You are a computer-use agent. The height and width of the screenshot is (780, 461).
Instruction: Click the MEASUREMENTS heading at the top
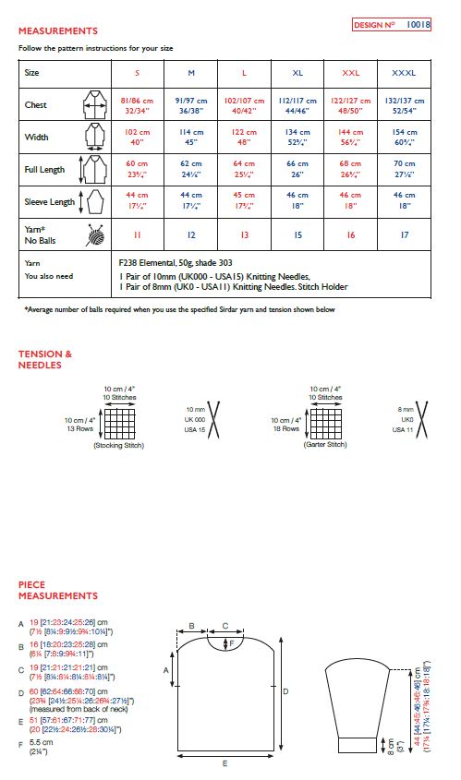[57, 31]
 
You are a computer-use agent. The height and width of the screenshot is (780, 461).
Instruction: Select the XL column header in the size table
[297, 72]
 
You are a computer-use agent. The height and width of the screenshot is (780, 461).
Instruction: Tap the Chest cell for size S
[138, 105]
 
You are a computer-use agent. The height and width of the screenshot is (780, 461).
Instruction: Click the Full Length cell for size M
[191, 171]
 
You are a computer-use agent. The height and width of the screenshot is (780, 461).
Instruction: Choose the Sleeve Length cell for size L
[244, 201]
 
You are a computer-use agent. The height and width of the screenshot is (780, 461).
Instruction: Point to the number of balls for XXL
[351, 235]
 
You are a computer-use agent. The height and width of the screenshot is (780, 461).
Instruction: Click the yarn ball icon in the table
[95, 234]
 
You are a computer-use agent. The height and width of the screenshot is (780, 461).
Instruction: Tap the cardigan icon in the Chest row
[95, 105]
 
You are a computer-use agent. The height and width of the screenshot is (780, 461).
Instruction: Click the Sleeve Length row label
[48, 201]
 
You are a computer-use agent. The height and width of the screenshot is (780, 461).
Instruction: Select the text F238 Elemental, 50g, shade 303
[176, 262]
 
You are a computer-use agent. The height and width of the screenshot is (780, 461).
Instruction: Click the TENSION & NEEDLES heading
[45, 359]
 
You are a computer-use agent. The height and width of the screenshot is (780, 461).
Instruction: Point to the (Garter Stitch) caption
[324, 445]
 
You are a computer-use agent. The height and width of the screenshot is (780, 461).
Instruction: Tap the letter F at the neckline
[232, 641]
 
